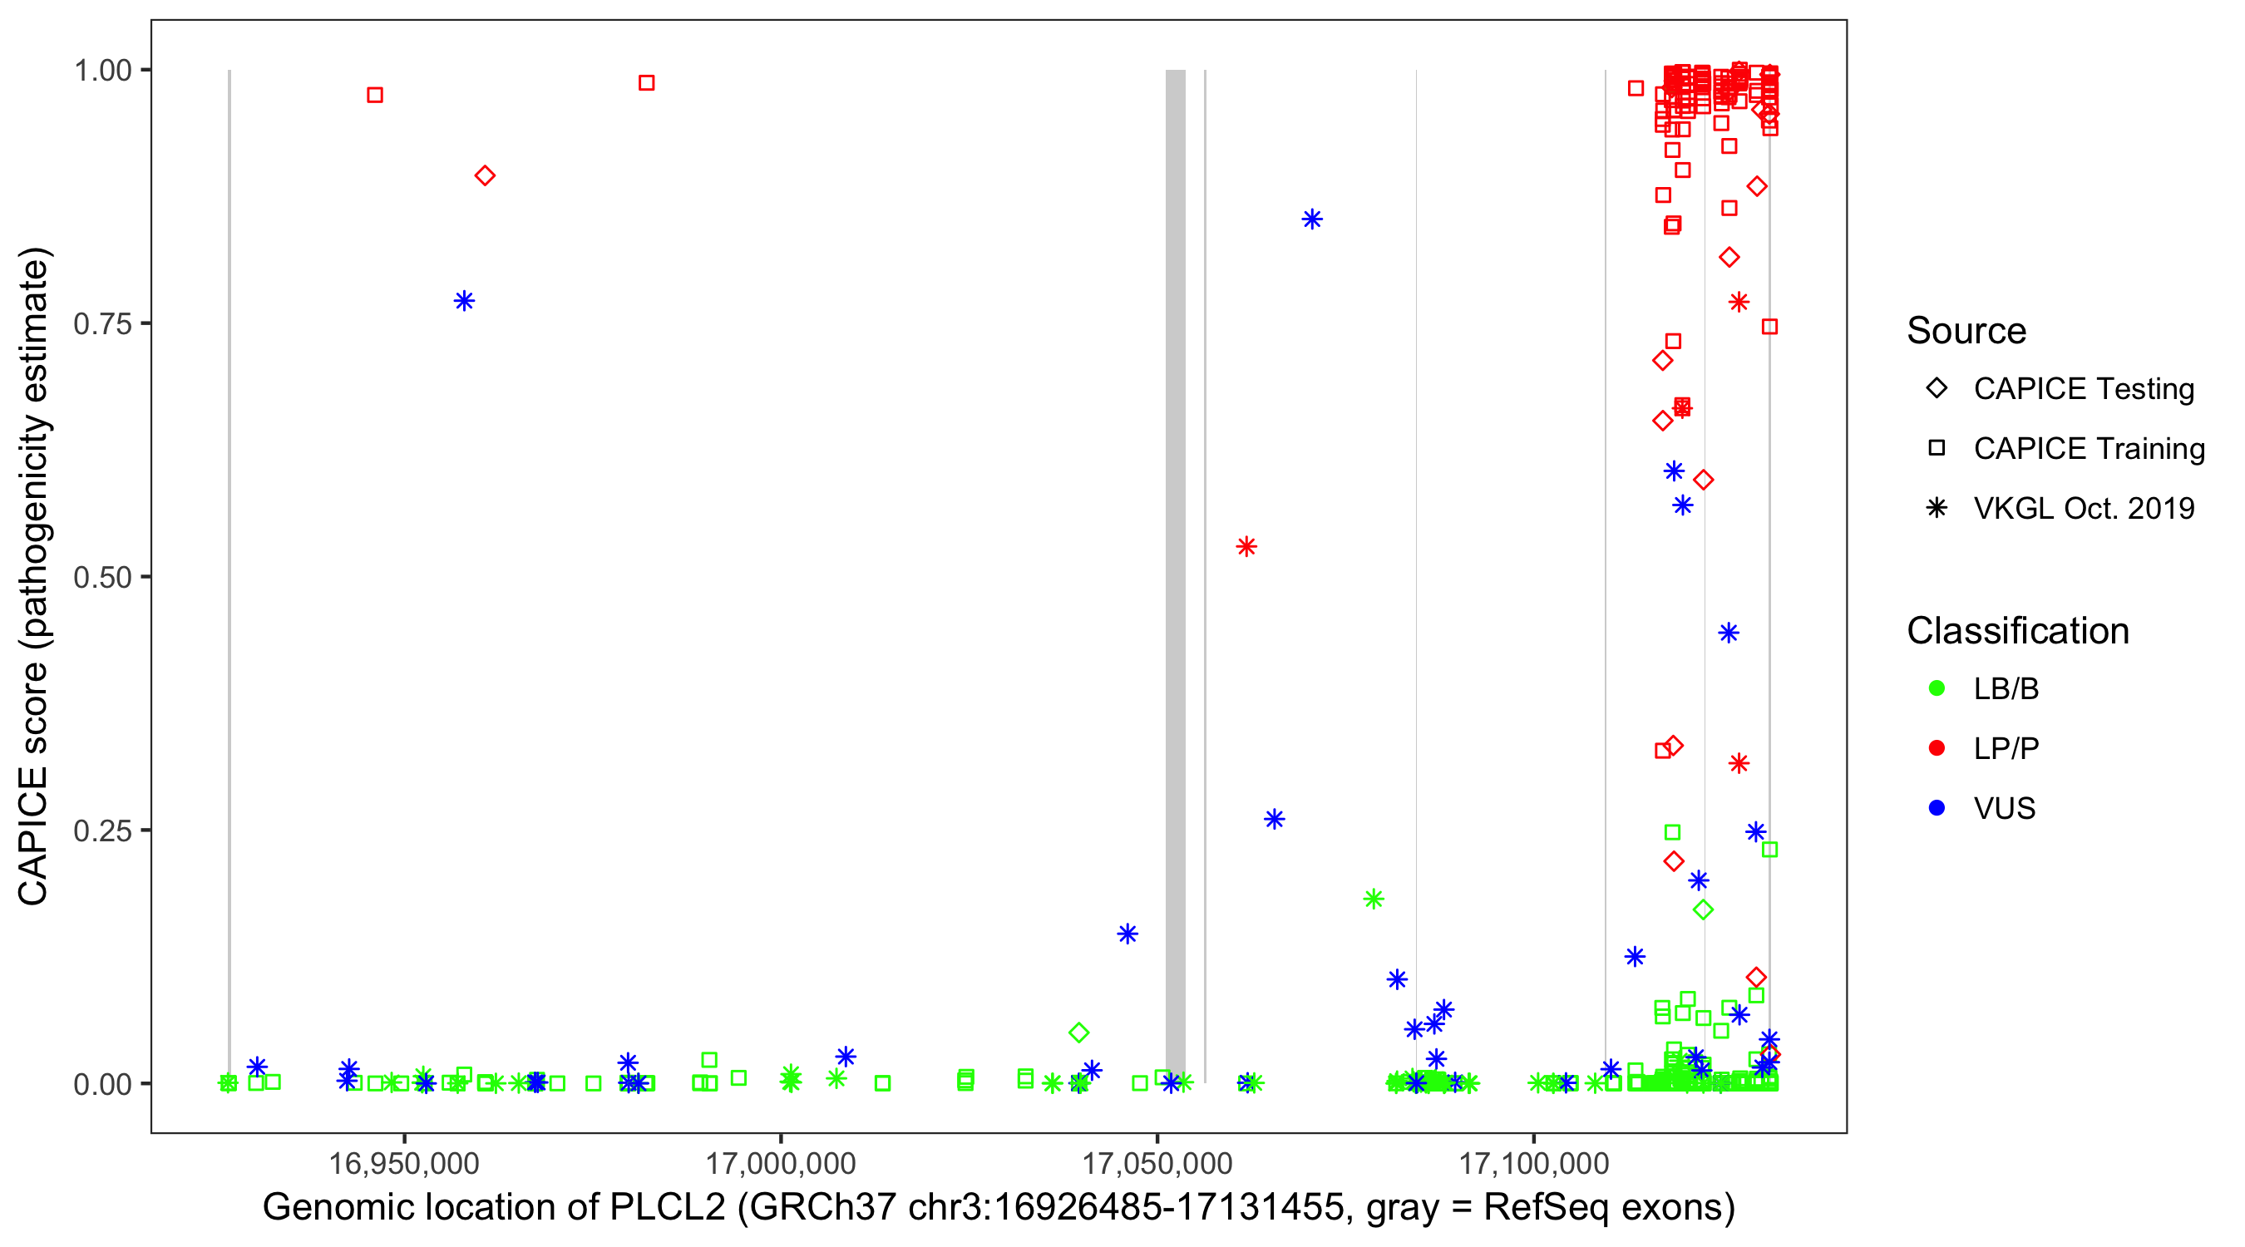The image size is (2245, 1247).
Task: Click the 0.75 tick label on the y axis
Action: pos(102,324)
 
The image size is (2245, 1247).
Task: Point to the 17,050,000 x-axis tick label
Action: pos(1157,1163)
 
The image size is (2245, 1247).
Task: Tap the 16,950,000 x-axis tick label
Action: pos(403,1163)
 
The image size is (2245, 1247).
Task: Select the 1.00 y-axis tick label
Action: pos(102,71)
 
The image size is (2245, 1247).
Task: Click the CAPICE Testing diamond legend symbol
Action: pos(1937,389)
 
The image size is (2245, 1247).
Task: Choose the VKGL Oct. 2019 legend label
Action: pos(2084,509)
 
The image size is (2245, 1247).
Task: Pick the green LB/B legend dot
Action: pos(1937,689)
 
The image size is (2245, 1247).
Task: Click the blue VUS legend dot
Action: pos(1937,809)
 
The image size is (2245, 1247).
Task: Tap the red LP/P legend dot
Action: pos(1937,748)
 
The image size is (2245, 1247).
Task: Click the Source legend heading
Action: pos(1966,331)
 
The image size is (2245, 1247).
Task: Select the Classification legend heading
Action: pos(2017,631)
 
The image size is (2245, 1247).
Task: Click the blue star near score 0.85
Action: pos(1311,219)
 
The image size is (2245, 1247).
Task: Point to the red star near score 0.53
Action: pos(1246,547)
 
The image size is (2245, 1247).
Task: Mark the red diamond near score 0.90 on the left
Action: pos(486,176)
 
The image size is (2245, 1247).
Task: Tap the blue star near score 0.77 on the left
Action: pos(465,302)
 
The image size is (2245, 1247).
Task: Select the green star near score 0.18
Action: pos(1374,900)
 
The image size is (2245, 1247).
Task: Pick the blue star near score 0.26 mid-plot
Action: pos(1274,819)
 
